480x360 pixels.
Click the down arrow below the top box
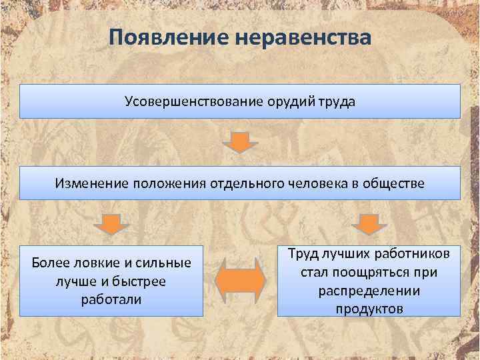[x=240, y=142]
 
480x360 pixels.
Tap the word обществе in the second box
[x=391, y=183]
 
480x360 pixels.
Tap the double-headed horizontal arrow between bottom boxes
[x=240, y=280]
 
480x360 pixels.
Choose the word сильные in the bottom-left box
[x=164, y=263]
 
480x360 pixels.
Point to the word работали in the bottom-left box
[x=111, y=299]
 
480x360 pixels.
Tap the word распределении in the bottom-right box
[x=369, y=291]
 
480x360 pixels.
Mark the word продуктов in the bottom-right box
[x=369, y=309]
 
